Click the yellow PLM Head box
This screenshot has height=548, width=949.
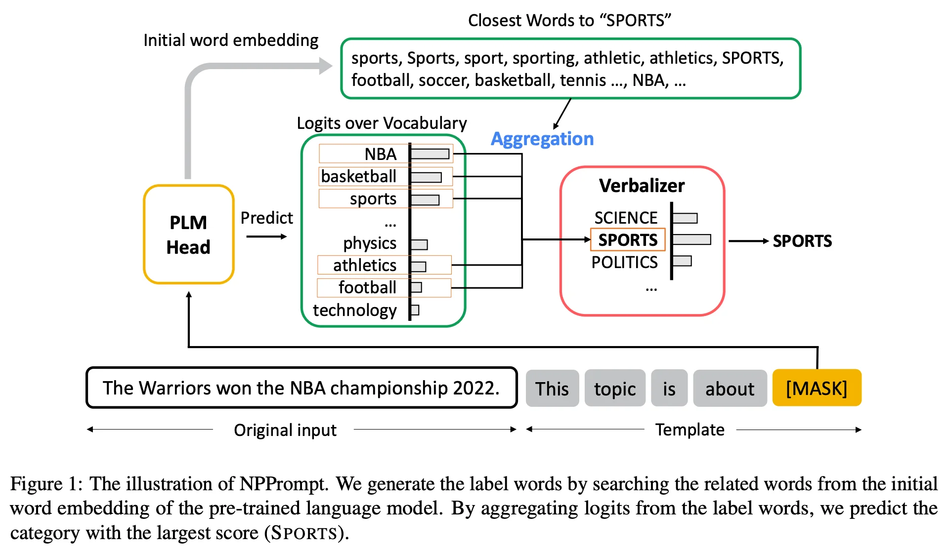click(188, 235)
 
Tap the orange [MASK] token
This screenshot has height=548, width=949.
click(817, 389)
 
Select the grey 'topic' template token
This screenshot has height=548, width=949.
click(615, 389)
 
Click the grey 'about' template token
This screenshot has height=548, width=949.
click(730, 389)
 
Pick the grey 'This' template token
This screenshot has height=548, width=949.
click(552, 389)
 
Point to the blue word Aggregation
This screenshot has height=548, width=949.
click(542, 139)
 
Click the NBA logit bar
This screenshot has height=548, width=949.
click(430, 154)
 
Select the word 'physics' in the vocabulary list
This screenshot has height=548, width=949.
click(370, 243)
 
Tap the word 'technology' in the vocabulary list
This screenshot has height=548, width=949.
click(355, 310)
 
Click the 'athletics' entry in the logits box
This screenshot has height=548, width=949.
click(365, 266)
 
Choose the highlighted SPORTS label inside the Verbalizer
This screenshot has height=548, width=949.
click(628, 240)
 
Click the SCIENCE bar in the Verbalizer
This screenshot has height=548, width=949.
click(685, 218)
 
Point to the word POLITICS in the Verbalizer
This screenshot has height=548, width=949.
click(625, 262)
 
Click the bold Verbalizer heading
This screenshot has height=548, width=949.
click(642, 186)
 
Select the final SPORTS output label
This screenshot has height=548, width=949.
click(802, 241)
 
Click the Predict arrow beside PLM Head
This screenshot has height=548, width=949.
click(266, 236)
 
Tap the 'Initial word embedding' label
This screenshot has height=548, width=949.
click(231, 40)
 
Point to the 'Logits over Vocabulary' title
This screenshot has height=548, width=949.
click(382, 123)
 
